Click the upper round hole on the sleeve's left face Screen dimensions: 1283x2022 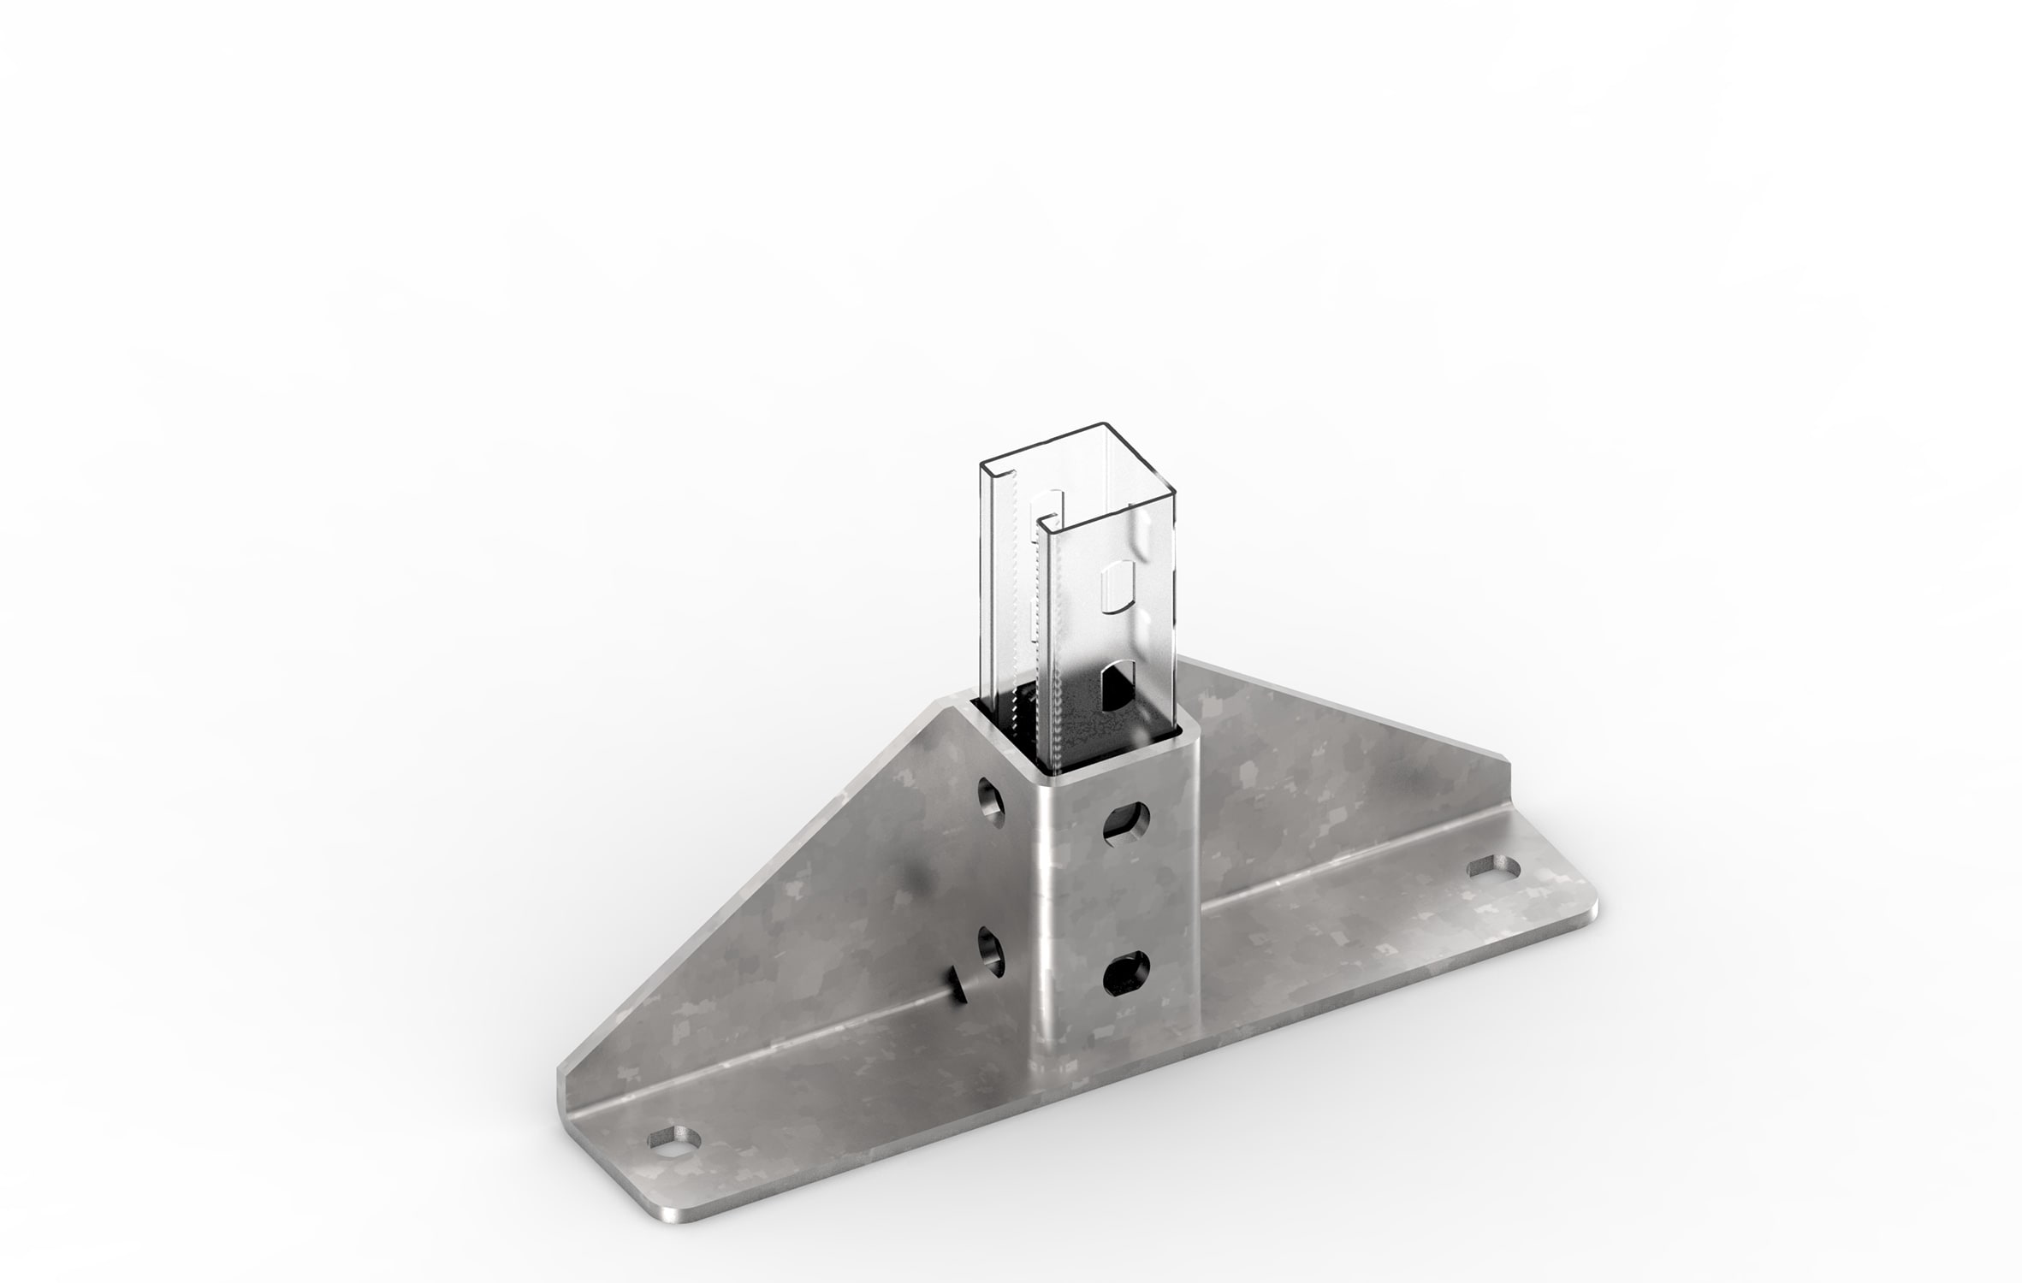pyautogui.click(x=992, y=801)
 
